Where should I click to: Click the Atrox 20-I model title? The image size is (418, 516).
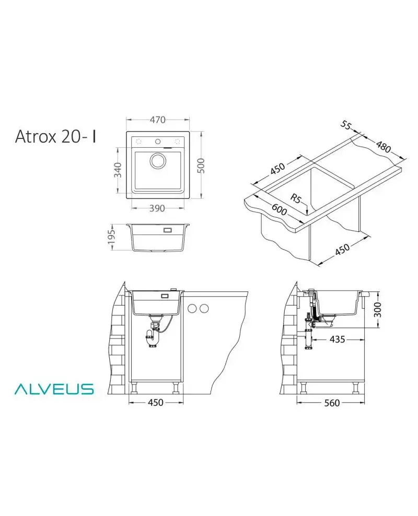click(x=55, y=136)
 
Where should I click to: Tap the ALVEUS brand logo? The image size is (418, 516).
click(x=54, y=389)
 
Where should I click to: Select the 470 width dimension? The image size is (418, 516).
click(x=158, y=120)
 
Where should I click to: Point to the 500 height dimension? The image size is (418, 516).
click(x=202, y=166)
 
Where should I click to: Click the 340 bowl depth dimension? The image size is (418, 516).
click(x=118, y=170)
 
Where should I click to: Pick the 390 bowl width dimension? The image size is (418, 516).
click(x=157, y=208)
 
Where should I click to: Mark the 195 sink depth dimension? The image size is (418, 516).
click(x=112, y=237)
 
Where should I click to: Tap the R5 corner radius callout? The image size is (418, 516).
click(x=296, y=198)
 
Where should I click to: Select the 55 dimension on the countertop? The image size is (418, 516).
click(x=346, y=125)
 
